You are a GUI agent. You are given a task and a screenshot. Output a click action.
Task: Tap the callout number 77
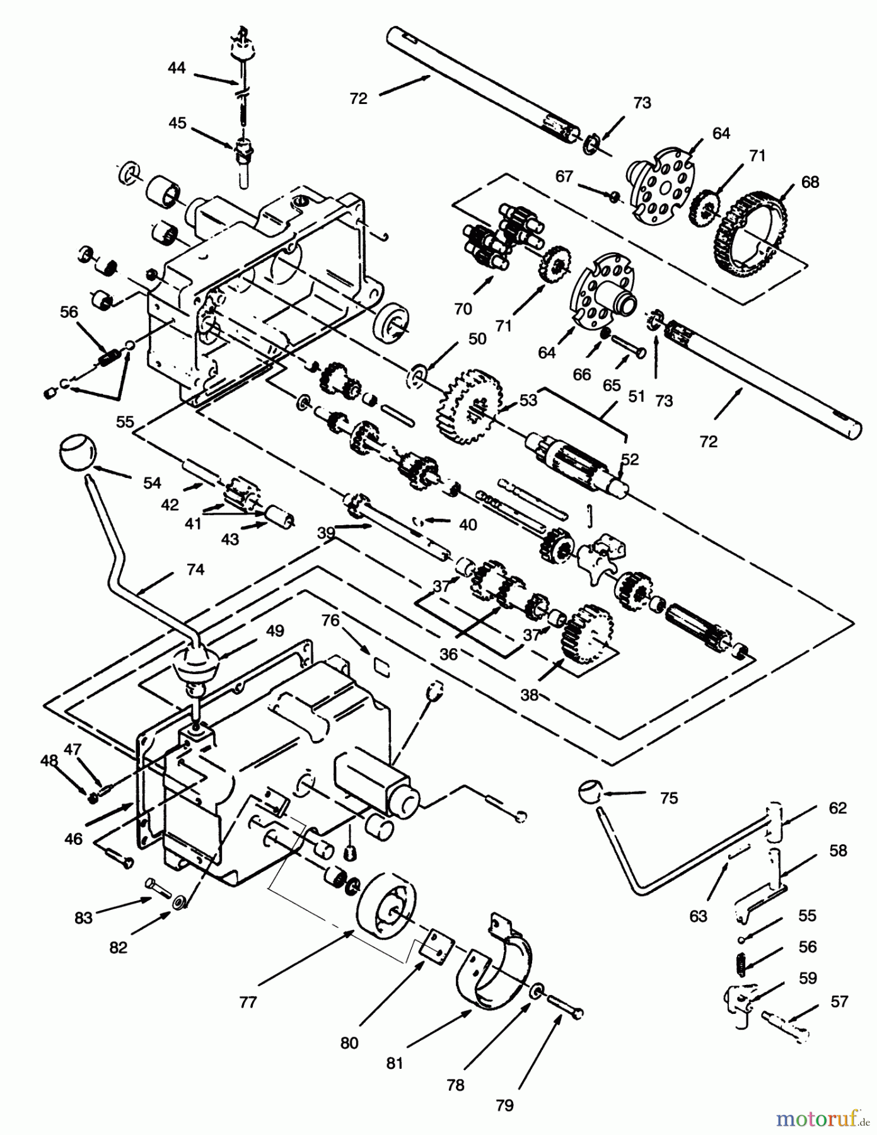click(248, 1001)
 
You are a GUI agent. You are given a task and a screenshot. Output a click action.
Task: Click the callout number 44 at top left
click(177, 67)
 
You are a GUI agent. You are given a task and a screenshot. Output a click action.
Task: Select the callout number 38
click(530, 694)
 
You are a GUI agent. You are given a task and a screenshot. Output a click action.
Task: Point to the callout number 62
click(837, 808)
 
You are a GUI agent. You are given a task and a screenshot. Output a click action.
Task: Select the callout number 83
click(83, 918)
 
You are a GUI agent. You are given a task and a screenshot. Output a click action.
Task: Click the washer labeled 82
click(179, 904)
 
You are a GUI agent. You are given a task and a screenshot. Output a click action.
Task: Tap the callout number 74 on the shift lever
click(195, 569)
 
